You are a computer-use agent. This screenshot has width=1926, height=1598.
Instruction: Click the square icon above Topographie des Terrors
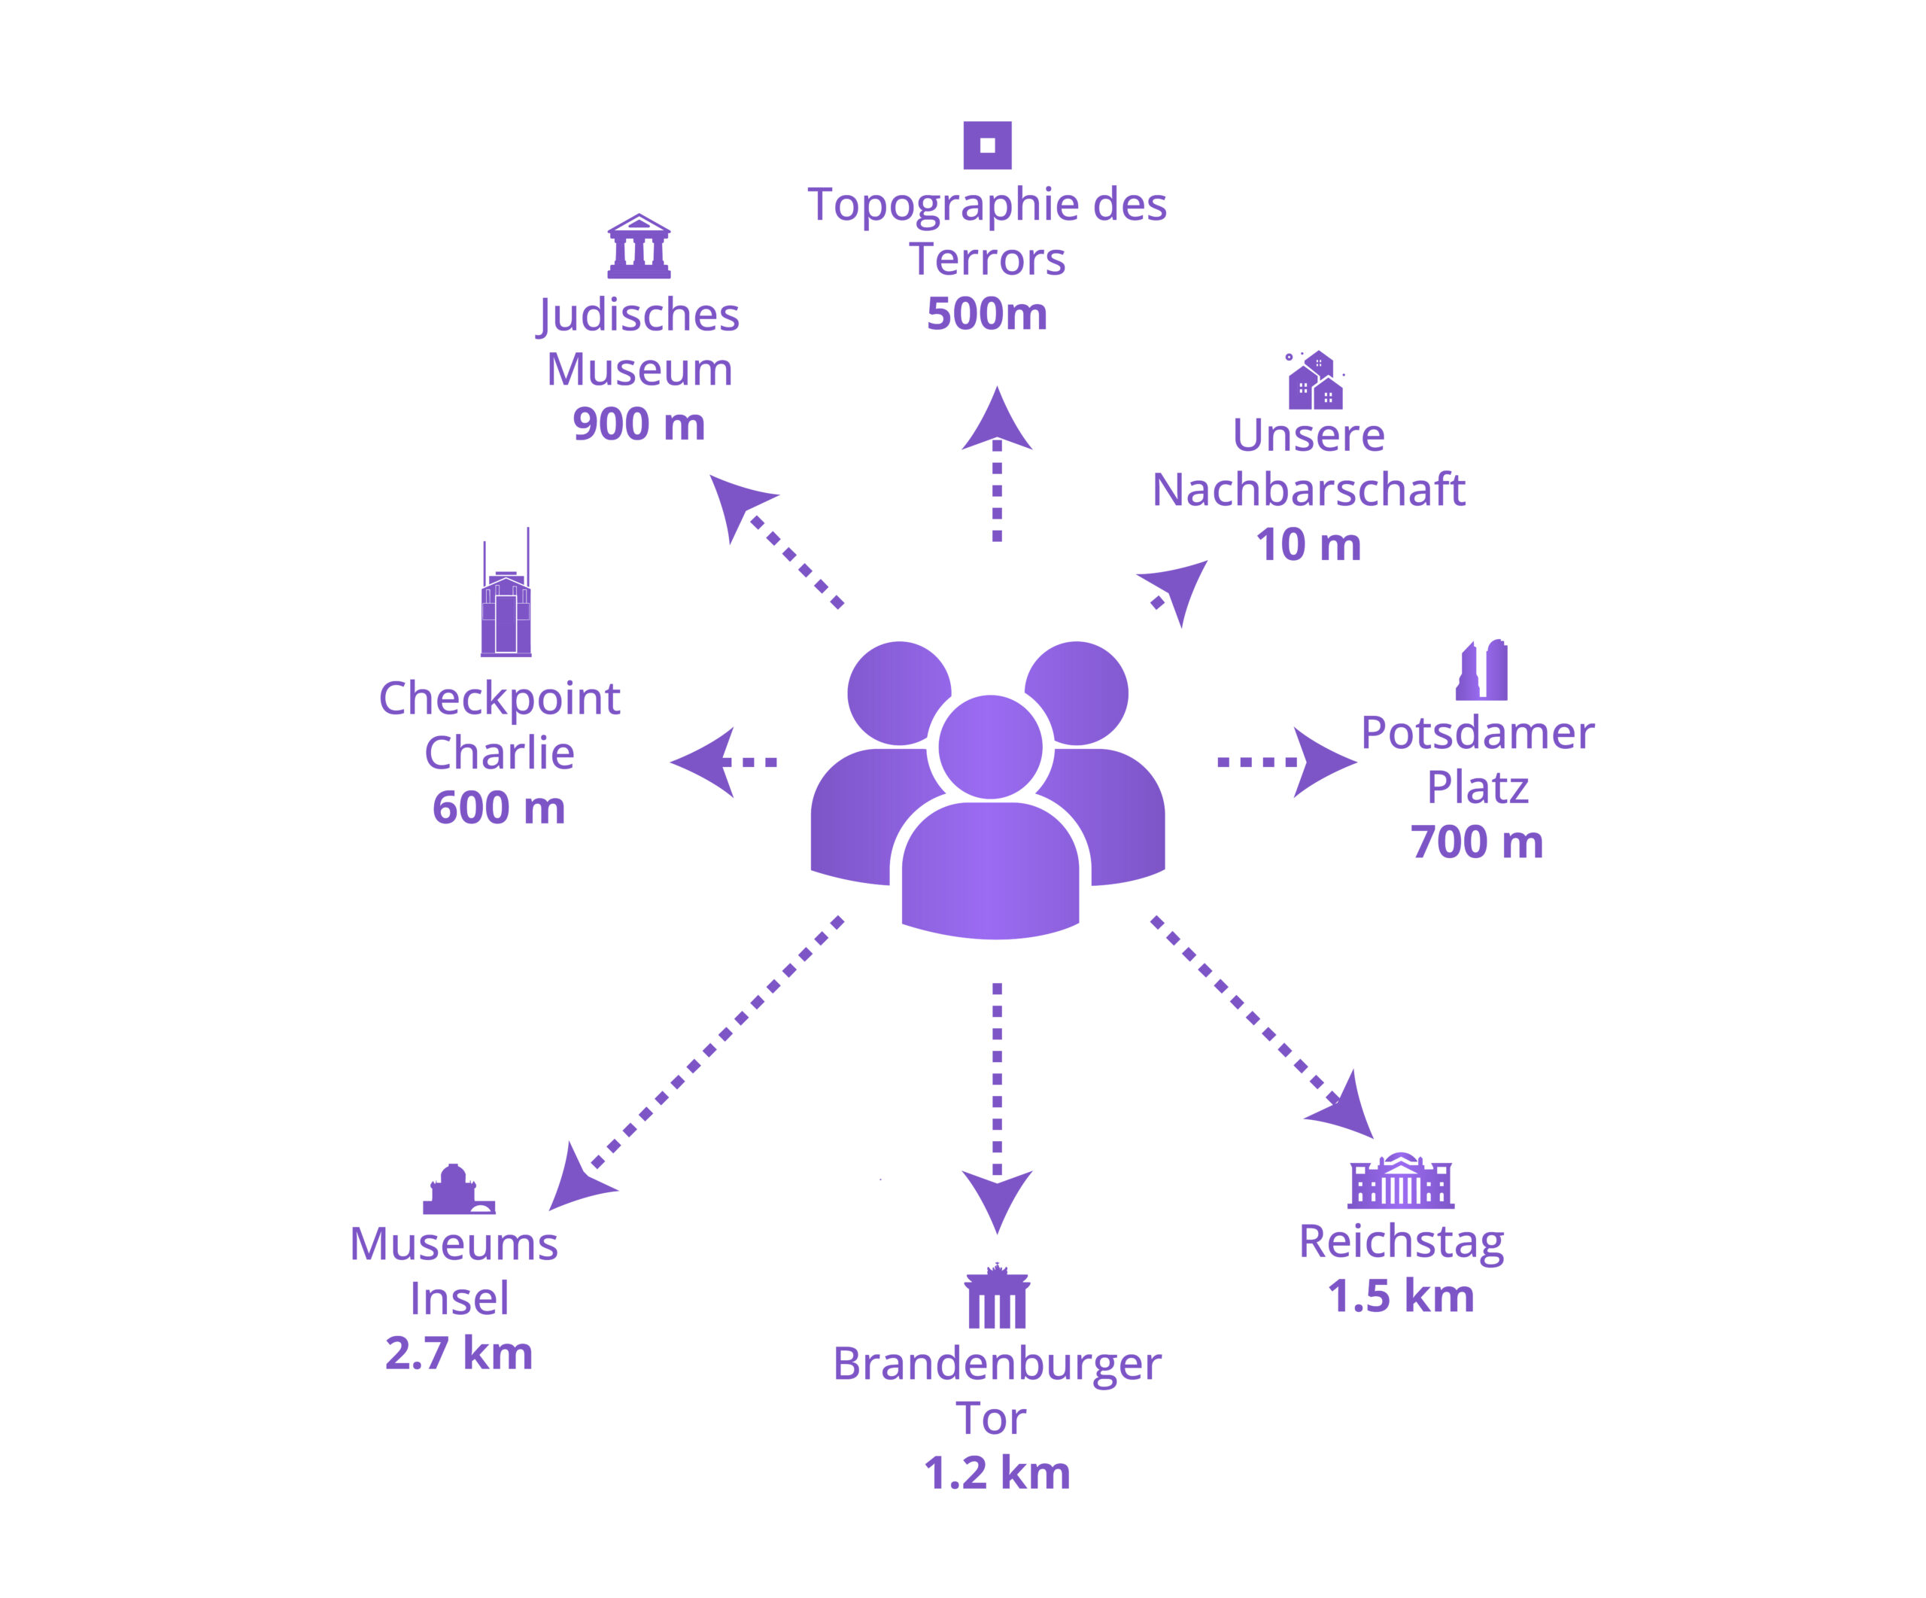coord(987,145)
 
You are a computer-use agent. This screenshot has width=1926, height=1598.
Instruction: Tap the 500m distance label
coord(987,314)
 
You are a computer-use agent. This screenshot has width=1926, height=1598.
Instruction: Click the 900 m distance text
coord(639,424)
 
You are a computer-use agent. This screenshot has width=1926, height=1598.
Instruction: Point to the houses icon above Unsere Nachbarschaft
coord(1315,380)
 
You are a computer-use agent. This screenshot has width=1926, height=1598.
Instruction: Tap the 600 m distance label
coord(499,808)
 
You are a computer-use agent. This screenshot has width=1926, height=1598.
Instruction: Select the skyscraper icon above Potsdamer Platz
coord(1482,670)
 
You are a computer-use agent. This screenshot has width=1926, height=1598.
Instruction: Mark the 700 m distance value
coord(1477,842)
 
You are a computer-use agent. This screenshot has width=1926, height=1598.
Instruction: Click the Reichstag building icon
coord(1400,1182)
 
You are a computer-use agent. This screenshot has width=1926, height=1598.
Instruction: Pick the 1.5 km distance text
coord(1400,1296)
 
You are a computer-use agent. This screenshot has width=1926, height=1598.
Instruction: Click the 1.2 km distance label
coord(997,1473)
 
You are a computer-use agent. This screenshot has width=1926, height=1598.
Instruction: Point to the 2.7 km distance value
coord(459,1353)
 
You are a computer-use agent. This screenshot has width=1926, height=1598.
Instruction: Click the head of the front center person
coord(991,747)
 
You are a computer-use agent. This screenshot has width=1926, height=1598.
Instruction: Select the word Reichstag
coord(1400,1242)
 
